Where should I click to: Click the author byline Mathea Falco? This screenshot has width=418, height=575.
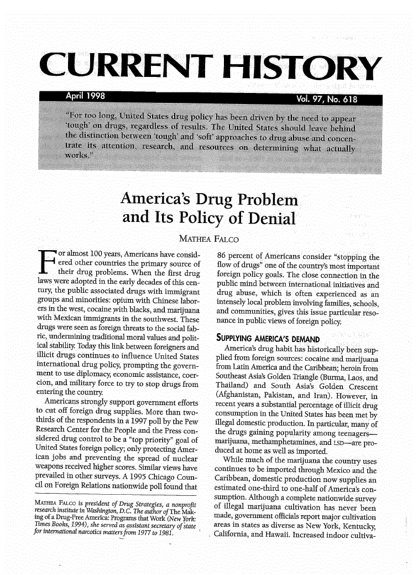tap(208, 240)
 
